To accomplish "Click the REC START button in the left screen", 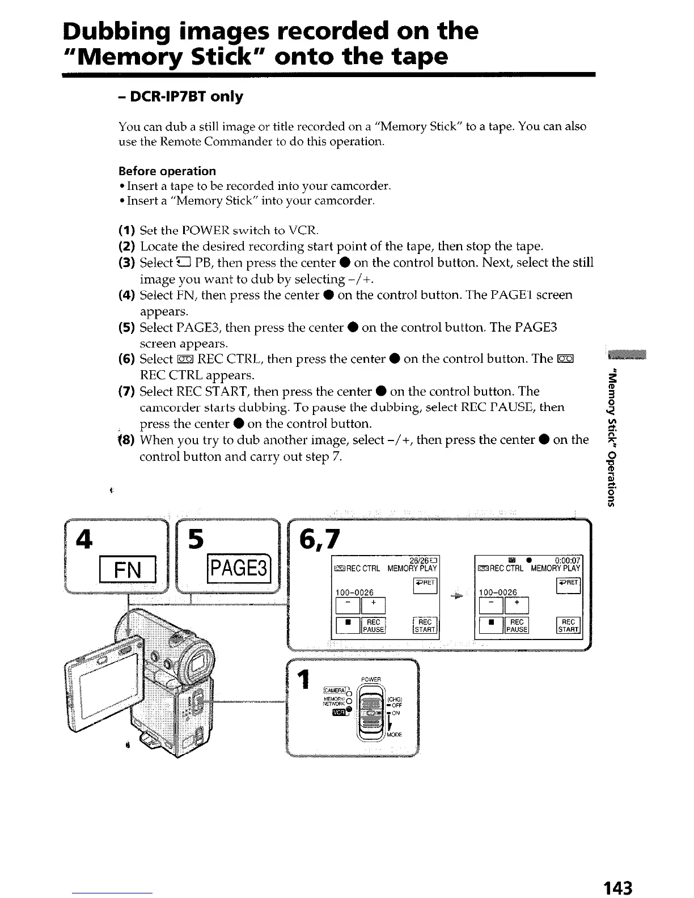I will (425, 625).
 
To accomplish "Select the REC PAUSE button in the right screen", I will (517, 625).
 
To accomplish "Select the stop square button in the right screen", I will (490, 625).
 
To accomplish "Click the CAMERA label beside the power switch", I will (333, 690).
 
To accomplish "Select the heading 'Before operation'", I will (167, 171).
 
